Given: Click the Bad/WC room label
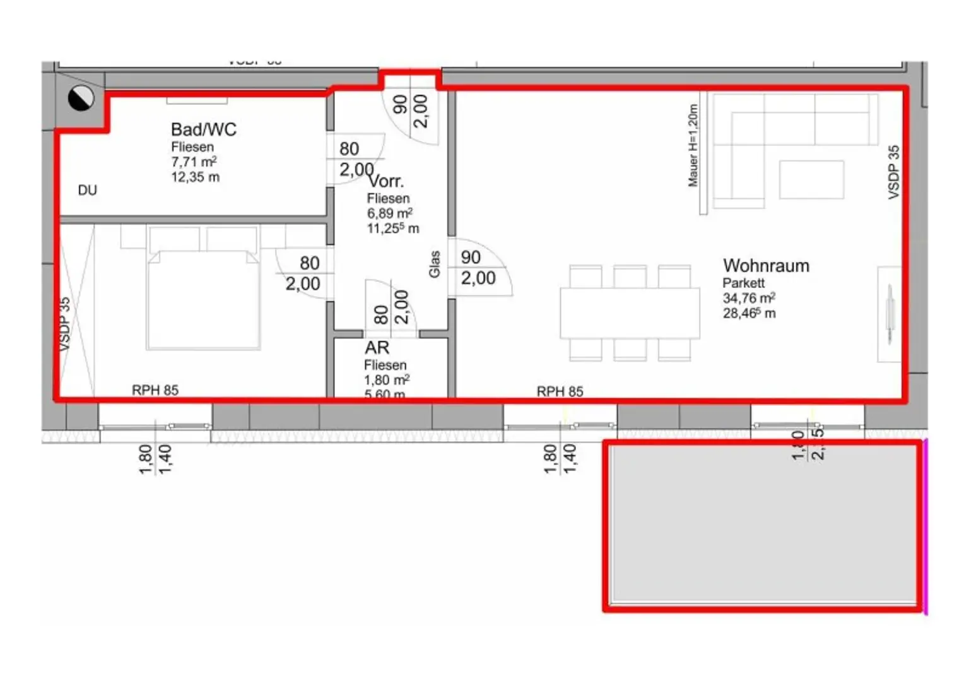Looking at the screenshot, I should tap(203, 129).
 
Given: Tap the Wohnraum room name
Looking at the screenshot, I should tap(766, 266).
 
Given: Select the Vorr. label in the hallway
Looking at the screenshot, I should tap(386, 182).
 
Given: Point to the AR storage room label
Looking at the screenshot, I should tap(377, 348).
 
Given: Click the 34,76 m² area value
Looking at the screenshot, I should tap(749, 298).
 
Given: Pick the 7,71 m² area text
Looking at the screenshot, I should tap(194, 162).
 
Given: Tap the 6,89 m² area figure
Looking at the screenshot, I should tap(390, 213).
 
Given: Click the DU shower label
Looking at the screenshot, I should tap(88, 190).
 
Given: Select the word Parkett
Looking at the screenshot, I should tap(743, 283).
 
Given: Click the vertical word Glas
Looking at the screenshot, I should tap(434, 264).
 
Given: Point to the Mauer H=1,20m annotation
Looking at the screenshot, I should tap(693, 146).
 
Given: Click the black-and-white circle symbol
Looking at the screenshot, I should tap(81, 98).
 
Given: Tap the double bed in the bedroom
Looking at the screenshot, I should tap(203, 297).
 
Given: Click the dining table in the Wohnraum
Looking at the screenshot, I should tap(630, 313).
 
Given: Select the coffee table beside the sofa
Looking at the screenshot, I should tap(811, 180).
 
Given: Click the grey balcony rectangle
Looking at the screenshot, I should tap(763, 525).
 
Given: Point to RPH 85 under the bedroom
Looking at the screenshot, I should tap(155, 390).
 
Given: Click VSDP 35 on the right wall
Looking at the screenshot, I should tap(893, 172).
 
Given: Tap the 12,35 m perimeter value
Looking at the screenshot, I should tap(195, 177).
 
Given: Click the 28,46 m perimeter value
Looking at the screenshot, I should tap(749, 313).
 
